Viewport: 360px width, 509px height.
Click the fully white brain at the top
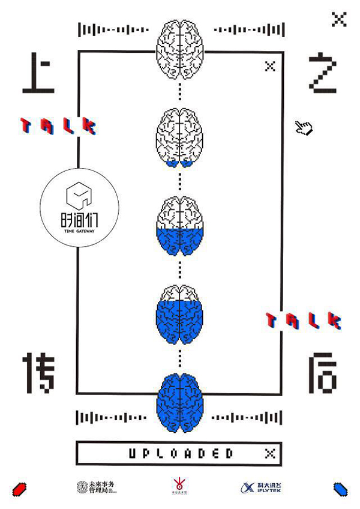click(x=180, y=44)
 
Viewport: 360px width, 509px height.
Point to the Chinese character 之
click(x=322, y=74)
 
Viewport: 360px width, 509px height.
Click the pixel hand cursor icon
click(x=304, y=127)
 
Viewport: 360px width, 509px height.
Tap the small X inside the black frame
click(x=270, y=67)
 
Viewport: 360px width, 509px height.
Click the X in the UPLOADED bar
click(x=270, y=453)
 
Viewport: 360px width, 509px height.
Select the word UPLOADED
click(x=180, y=453)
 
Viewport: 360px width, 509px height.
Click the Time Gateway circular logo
click(x=79, y=208)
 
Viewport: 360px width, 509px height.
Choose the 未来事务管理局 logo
click(x=96, y=487)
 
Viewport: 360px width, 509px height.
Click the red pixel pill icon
click(x=21, y=487)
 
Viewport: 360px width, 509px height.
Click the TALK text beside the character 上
click(x=58, y=125)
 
